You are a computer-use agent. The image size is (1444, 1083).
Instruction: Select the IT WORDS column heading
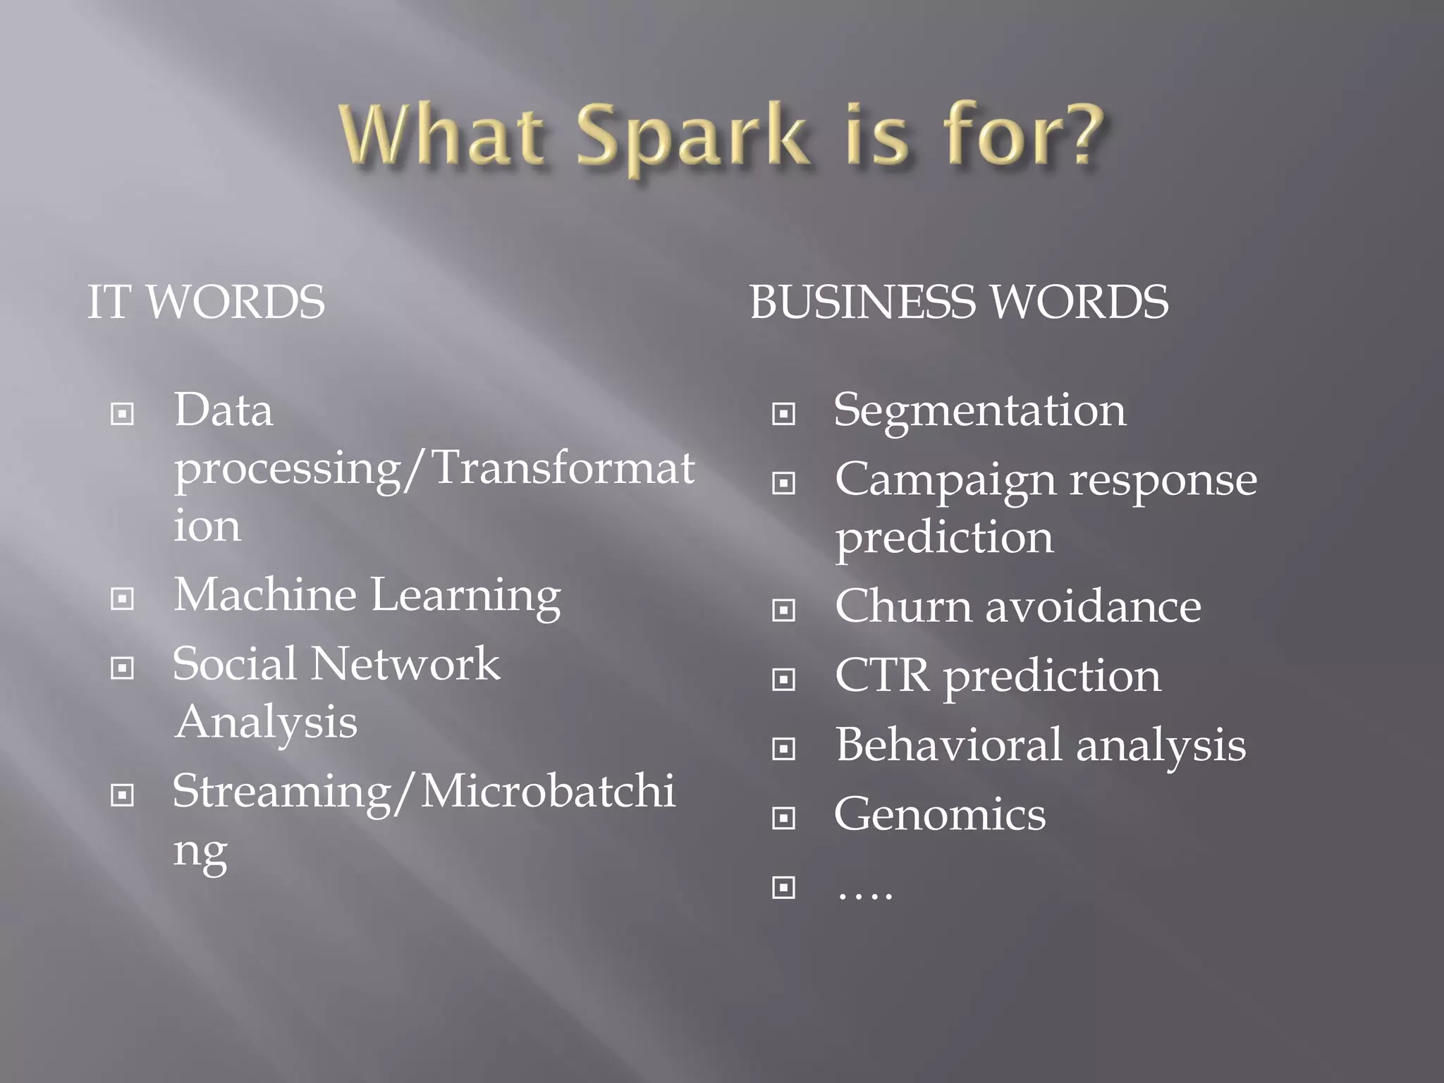coord(206,302)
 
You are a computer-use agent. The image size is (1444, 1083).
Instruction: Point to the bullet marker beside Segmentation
coord(783,414)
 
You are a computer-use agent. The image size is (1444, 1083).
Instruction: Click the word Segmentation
coord(979,410)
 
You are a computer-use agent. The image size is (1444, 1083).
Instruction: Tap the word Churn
coord(903,606)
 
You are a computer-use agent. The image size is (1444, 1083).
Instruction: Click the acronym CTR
coord(882,675)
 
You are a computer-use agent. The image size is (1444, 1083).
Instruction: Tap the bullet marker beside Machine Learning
coord(122,599)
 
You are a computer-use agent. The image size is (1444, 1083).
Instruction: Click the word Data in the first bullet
coord(223,410)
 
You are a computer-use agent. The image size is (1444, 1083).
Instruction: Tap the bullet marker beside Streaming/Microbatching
coord(122,795)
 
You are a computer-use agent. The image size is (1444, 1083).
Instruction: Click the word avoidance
coord(1093,606)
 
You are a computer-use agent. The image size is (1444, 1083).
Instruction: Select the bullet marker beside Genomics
coord(783,819)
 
